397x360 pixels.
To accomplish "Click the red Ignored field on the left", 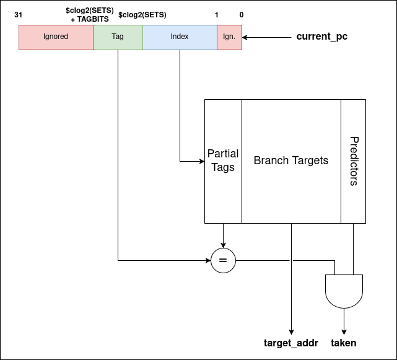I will [56, 37].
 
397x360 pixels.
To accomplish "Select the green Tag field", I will [118, 37].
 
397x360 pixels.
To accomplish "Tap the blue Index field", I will [180, 37].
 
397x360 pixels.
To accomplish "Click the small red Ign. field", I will [229, 37].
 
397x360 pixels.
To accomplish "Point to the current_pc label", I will [321, 37].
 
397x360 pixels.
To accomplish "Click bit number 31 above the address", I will [18, 14].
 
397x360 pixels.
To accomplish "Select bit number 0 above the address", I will [241, 14].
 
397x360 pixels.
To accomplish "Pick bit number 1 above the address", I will [217, 14].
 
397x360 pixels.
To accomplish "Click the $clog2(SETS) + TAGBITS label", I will [90, 15].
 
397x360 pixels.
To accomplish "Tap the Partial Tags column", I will [223, 160].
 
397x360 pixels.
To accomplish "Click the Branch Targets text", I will [291, 160].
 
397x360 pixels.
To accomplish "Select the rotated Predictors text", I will [354, 161].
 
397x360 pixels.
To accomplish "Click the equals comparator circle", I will [223, 261].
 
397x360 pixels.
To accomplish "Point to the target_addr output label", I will [290, 343].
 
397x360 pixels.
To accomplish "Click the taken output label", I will [344, 343].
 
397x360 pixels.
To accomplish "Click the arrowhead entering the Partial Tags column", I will [201, 161].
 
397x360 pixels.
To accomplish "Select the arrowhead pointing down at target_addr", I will [291, 331].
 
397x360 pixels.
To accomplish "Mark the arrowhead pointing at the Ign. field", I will [245, 37].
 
